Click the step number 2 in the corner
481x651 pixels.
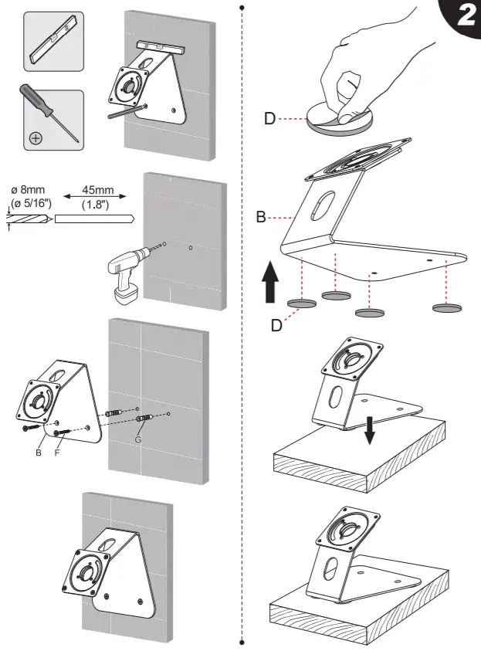coord(466,17)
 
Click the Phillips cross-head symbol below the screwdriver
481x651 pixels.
coord(35,139)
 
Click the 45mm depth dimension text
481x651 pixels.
coord(95,190)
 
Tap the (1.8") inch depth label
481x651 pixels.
coord(95,205)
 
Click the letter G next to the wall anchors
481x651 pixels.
coord(140,439)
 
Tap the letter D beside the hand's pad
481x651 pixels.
coord(269,119)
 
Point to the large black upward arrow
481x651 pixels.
coord(269,281)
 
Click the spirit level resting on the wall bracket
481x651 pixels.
coord(160,48)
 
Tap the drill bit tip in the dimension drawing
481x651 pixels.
coord(46,219)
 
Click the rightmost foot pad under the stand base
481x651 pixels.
coord(447,308)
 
